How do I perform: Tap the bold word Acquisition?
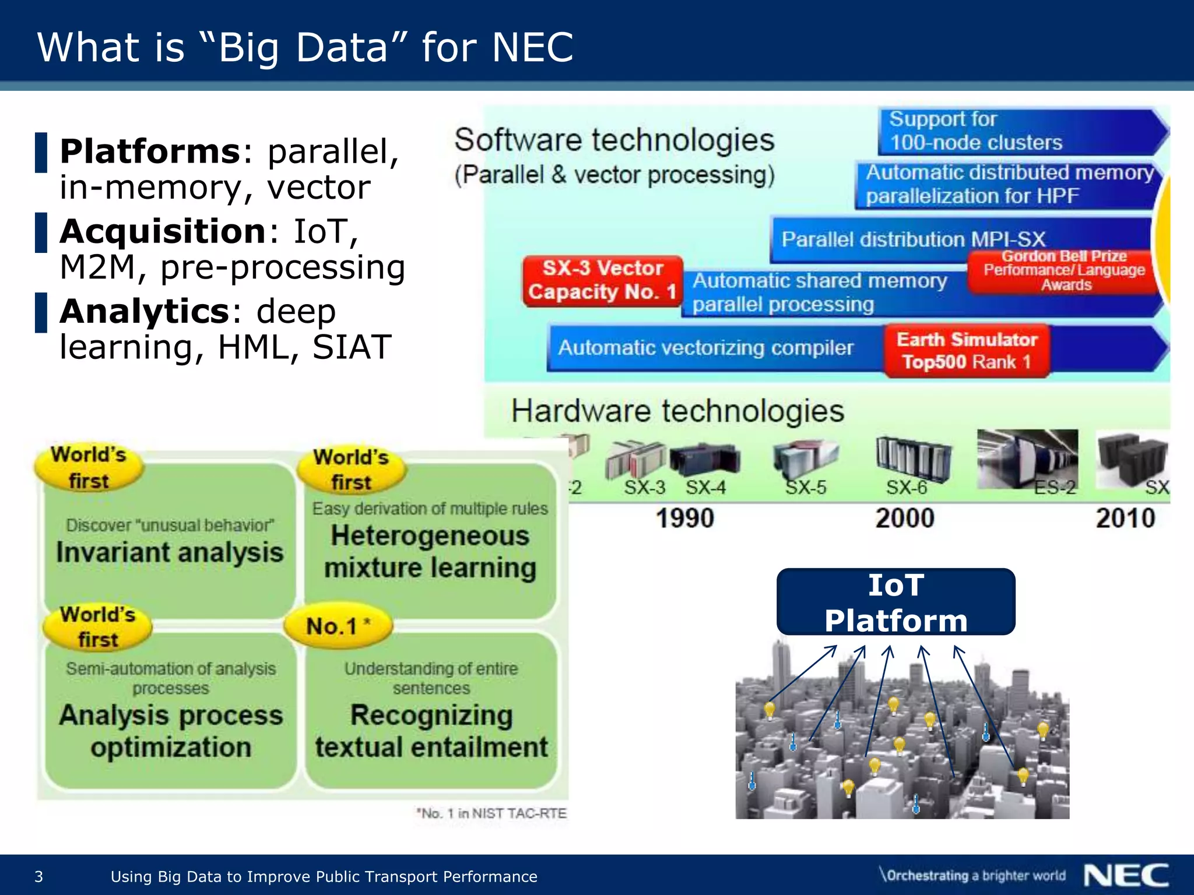pyautogui.click(x=163, y=231)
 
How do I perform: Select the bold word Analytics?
pyautogui.click(x=145, y=311)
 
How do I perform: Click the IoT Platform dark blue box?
pyautogui.click(x=895, y=602)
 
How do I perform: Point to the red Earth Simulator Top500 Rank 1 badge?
pyautogui.click(x=966, y=351)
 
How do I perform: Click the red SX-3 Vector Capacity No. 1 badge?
pyautogui.click(x=602, y=280)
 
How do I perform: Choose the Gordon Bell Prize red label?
pyautogui.click(x=1063, y=270)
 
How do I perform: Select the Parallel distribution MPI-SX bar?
pyautogui.click(x=913, y=239)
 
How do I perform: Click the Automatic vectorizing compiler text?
pyautogui.click(x=705, y=348)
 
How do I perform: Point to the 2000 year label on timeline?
pyautogui.click(x=904, y=518)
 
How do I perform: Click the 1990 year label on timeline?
pyautogui.click(x=684, y=518)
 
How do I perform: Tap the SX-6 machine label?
pyautogui.click(x=906, y=487)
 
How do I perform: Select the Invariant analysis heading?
pyautogui.click(x=170, y=552)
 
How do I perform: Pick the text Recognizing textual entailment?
pyautogui.click(x=431, y=731)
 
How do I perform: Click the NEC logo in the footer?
pyautogui.click(x=1126, y=875)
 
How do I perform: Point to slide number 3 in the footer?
pyautogui.click(x=39, y=876)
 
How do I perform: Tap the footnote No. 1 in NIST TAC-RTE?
pyautogui.click(x=491, y=813)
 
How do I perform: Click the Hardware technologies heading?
pyautogui.click(x=677, y=411)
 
